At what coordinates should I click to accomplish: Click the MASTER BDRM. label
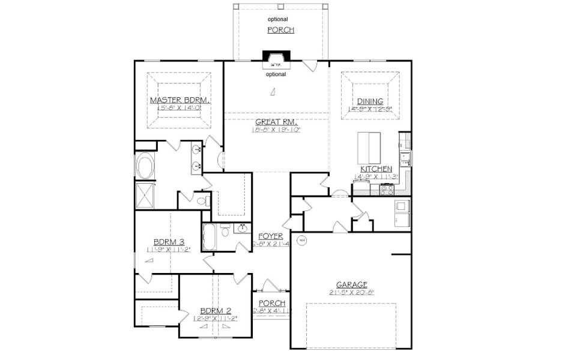pyautogui.click(x=180, y=100)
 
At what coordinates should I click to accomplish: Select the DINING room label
pyautogui.click(x=370, y=101)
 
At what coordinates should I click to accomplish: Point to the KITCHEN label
pyautogui.click(x=376, y=169)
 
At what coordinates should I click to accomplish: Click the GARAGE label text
pyautogui.click(x=351, y=285)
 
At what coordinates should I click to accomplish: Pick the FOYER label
pyautogui.click(x=271, y=236)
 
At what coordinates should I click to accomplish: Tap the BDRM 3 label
pyautogui.click(x=168, y=242)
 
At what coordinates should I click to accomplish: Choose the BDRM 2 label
pyautogui.click(x=216, y=311)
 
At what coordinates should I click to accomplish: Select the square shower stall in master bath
pyautogui.click(x=145, y=195)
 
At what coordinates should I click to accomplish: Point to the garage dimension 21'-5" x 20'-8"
pyautogui.click(x=351, y=292)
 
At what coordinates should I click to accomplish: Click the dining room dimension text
pyautogui.click(x=370, y=109)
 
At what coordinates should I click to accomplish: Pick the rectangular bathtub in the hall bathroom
pyautogui.click(x=210, y=237)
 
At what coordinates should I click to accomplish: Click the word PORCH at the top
pyautogui.click(x=280, y=30)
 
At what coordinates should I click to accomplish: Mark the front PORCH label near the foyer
pyautogui.click(x=271, y=303)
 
